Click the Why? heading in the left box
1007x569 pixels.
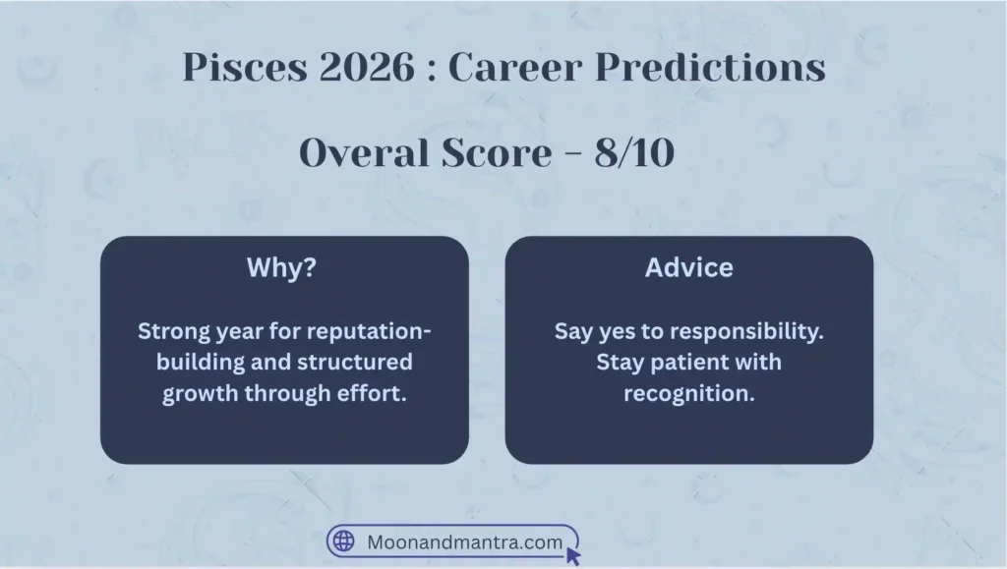(284, 268)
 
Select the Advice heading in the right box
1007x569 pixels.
(688, 268)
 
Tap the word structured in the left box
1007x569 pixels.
(358, 362)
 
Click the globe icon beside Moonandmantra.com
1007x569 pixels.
(343, 541)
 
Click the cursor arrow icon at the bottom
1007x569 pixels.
(573, 555)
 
